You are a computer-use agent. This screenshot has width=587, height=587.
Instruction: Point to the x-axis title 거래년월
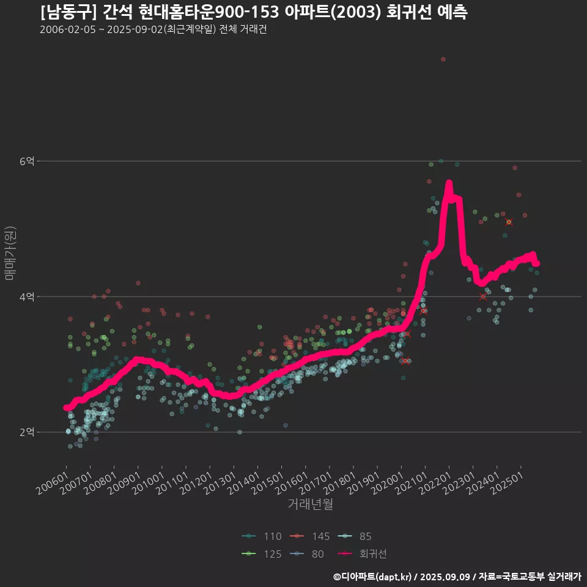310,504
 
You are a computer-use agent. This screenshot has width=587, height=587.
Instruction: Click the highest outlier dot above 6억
443,59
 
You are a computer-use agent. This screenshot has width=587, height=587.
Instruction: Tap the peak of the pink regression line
449,183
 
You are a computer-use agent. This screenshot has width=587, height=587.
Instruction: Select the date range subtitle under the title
153,30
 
